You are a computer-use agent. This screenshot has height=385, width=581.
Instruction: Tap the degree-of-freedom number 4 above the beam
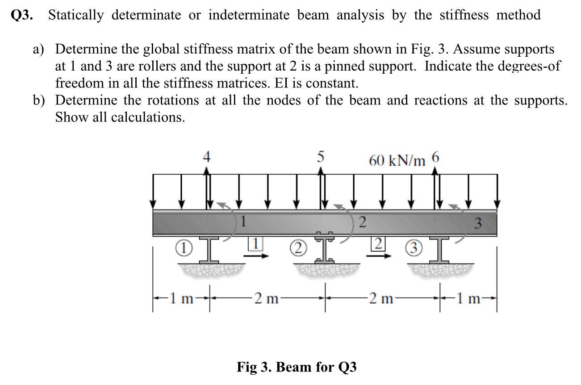(x=206, y=157)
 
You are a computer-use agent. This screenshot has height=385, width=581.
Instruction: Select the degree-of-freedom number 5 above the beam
(x=320, y=157)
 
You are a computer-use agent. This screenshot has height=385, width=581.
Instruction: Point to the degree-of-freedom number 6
(x=436, y=157)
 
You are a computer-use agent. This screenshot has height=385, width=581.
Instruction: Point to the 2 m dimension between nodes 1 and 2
(x=265, y=298)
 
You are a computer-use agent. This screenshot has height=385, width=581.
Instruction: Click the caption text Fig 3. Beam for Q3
(x=297, y=367)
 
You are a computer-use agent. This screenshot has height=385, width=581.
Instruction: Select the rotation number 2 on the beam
(x=363, y=222)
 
